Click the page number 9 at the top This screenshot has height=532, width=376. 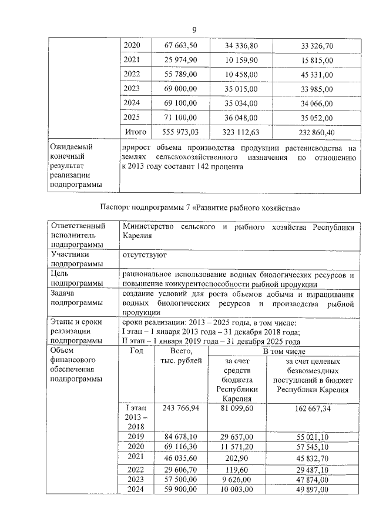pos(194,31)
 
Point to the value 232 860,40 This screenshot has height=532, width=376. pos(309,133)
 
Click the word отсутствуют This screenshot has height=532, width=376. pos(145,256)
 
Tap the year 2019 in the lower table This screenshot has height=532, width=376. pos(136,436)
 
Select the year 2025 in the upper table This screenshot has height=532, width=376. pos(132,118)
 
